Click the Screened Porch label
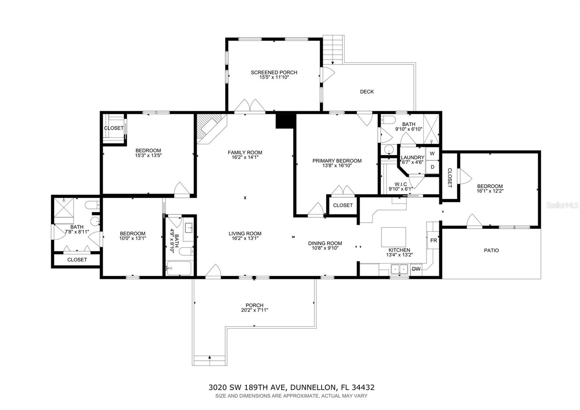(274, 73)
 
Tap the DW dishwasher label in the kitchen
(416, 269)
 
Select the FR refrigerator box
(434, 241)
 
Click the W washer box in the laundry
(432, 153)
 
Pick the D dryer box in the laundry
(432, 167)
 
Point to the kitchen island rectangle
(393, 237)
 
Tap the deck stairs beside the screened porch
(333, 49)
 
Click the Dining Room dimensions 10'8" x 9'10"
(325, 248)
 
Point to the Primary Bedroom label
(337, 161)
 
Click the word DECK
(366, 92)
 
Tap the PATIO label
(491, 250)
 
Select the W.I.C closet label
(398, 184)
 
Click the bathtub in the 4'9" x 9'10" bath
(179, 268)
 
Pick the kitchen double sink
(399, 269)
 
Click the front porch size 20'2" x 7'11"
(254, 310)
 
